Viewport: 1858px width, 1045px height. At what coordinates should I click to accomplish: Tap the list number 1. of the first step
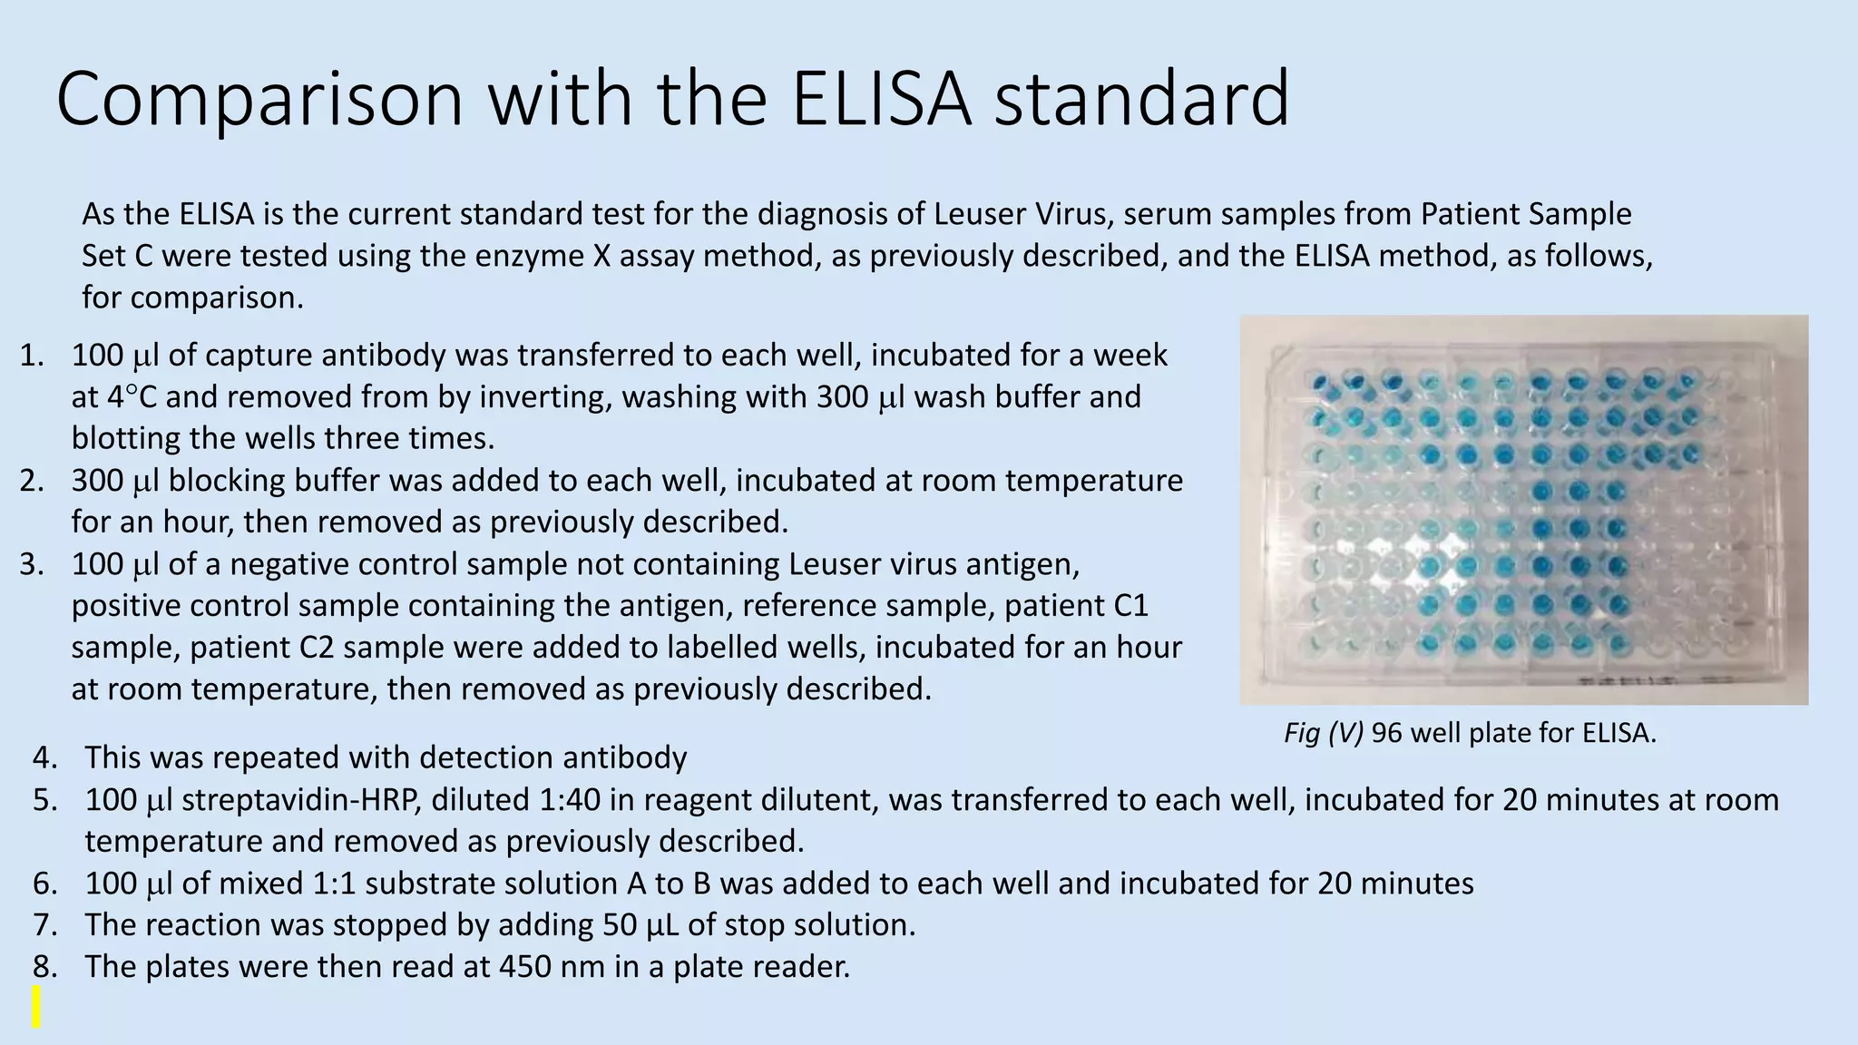point(32,356)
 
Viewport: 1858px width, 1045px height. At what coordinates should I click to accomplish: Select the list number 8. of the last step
point(45,967)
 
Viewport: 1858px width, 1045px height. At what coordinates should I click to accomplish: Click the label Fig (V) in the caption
point(1323,733)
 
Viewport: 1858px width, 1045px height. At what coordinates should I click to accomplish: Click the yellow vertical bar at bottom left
point(36,1007)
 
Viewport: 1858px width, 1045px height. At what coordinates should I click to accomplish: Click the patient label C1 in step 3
point(1129,606)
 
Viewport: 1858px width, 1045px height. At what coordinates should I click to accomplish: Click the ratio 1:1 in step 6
point(336,884)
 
